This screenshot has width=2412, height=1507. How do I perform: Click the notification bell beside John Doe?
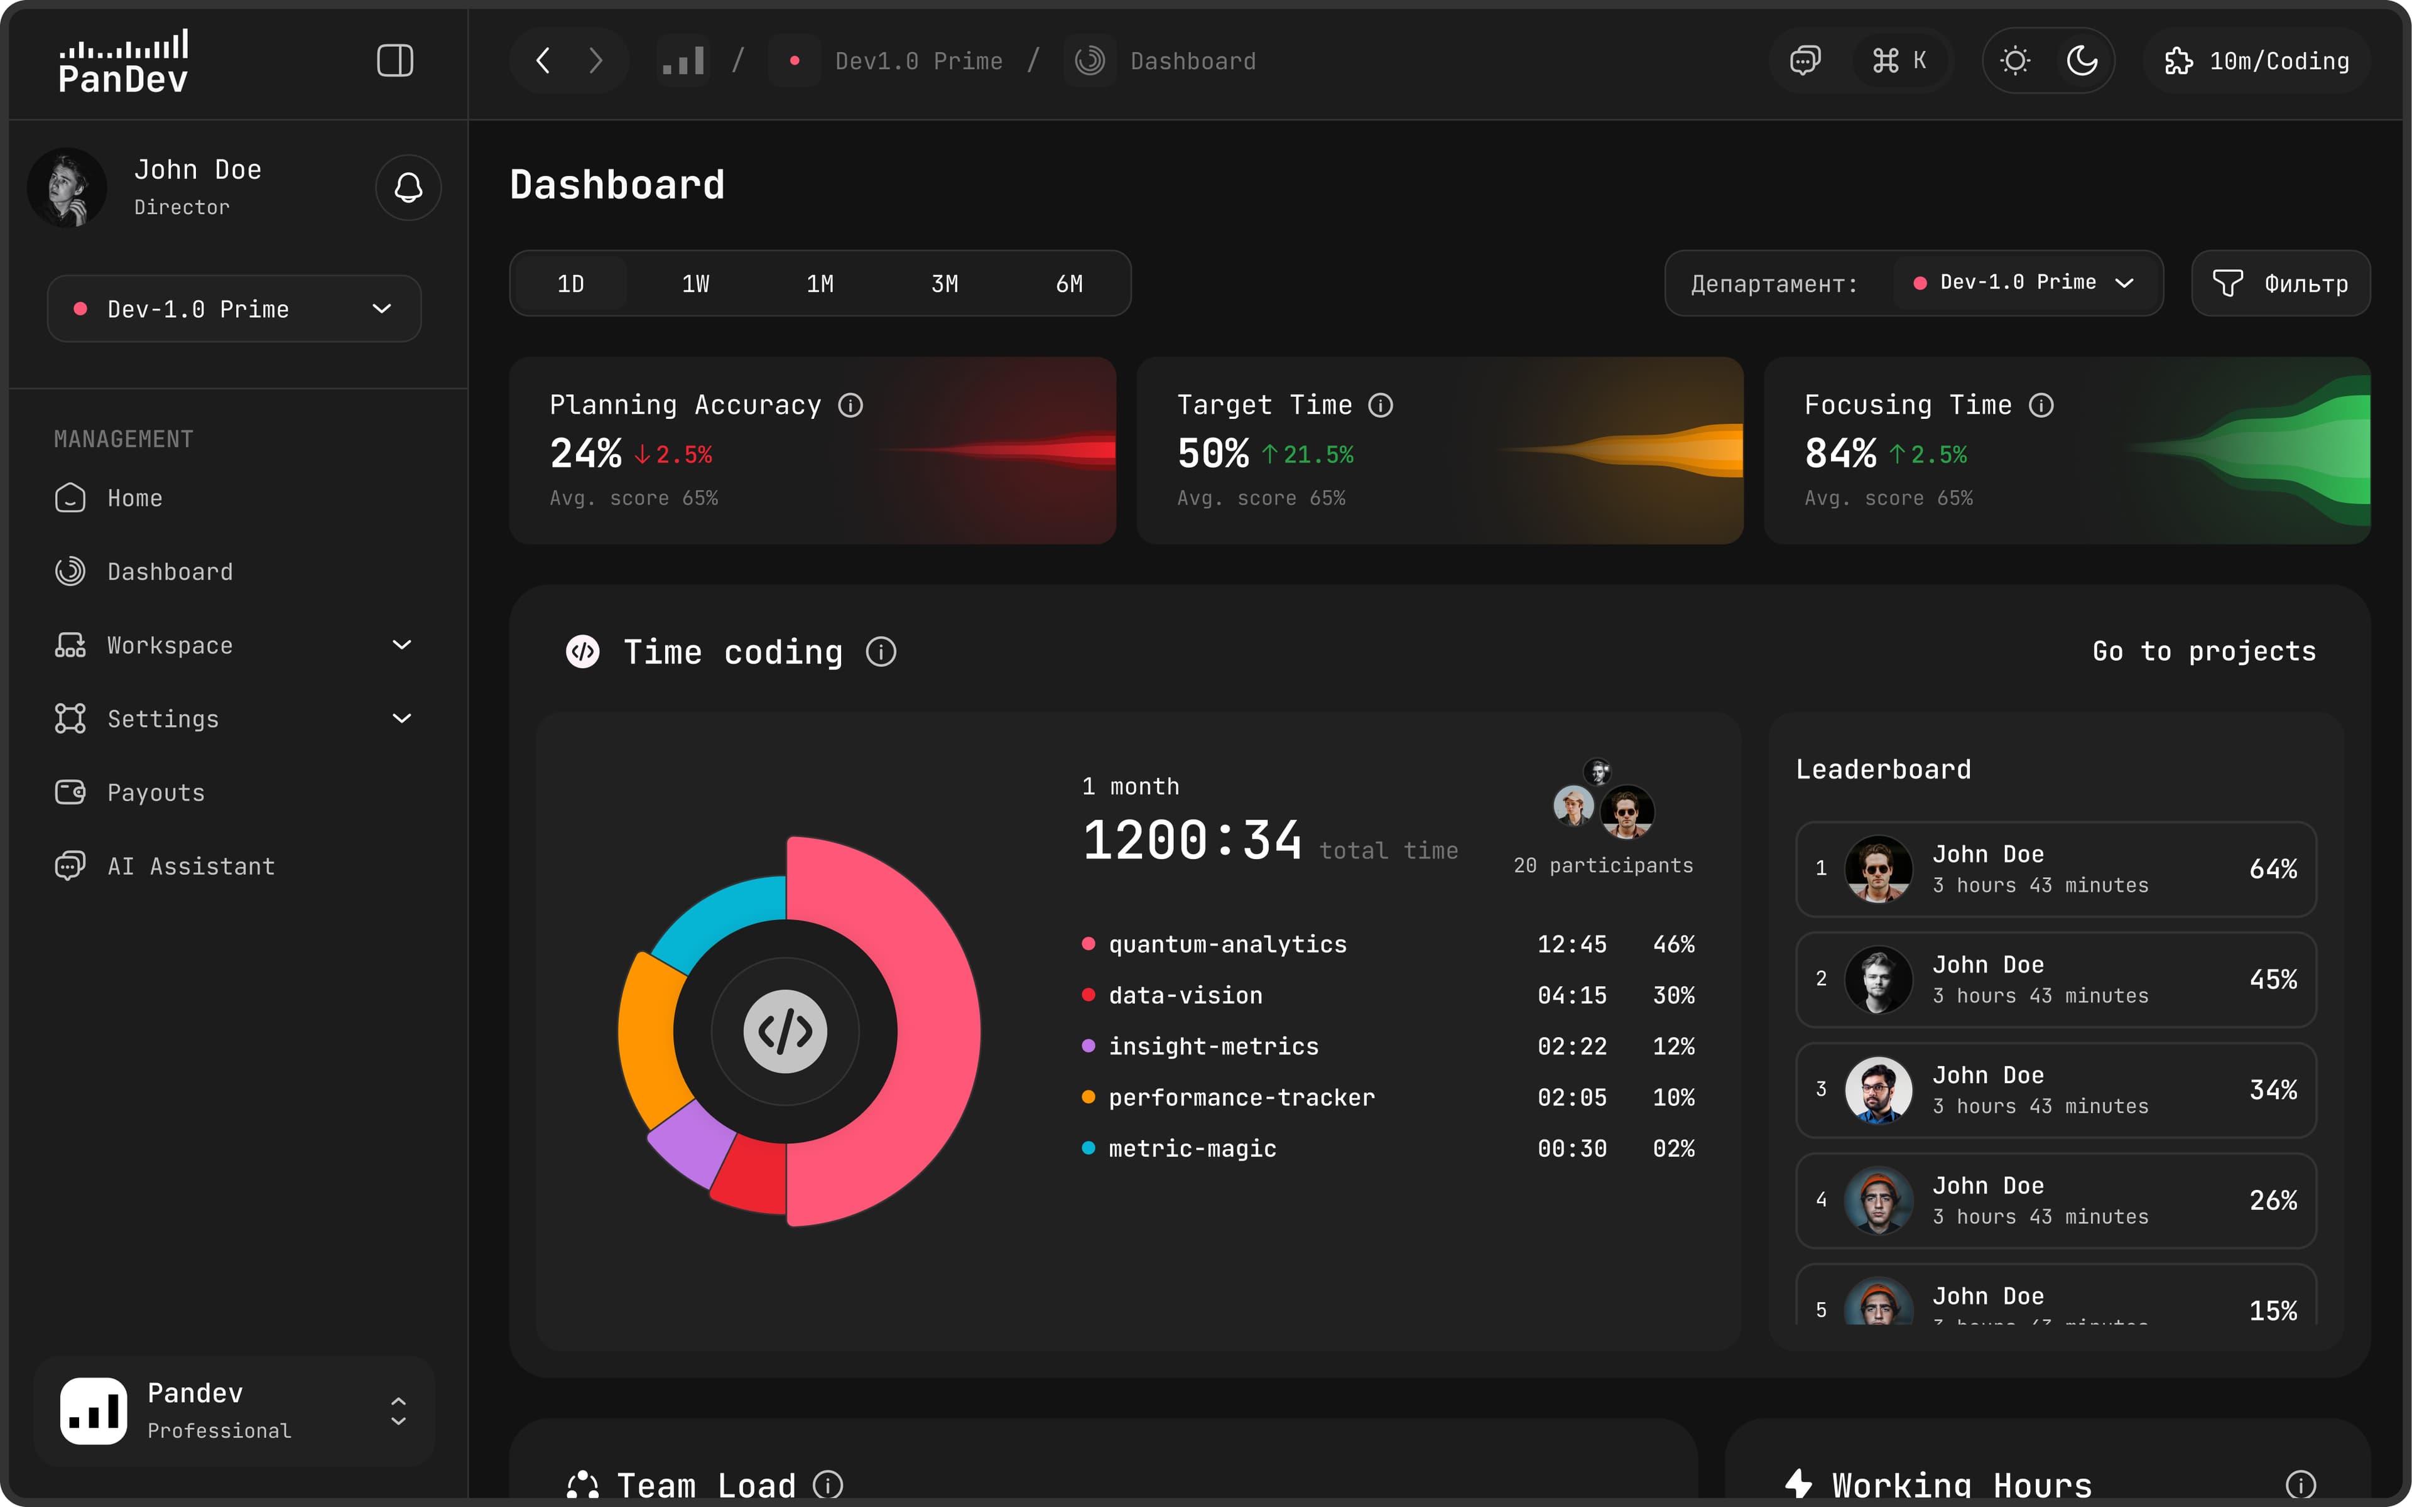[408, 187]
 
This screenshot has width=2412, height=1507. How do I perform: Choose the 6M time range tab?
[1068, 284]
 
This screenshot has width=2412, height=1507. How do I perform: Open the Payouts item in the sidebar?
[156, 792]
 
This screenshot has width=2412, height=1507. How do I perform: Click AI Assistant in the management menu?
[190, 866]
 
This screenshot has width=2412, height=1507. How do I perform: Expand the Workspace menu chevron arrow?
[401, 645]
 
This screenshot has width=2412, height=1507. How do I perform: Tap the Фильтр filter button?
[2281, 284]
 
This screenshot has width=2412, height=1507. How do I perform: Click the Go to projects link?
[2203, 652]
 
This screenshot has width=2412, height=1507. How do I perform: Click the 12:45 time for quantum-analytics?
[1571, 944]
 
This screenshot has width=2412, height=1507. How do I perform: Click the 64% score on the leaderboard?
[2273, 869]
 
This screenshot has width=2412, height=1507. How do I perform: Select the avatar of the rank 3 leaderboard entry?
[1877, 1089]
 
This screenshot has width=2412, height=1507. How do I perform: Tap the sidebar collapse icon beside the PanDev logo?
[394, 61]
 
